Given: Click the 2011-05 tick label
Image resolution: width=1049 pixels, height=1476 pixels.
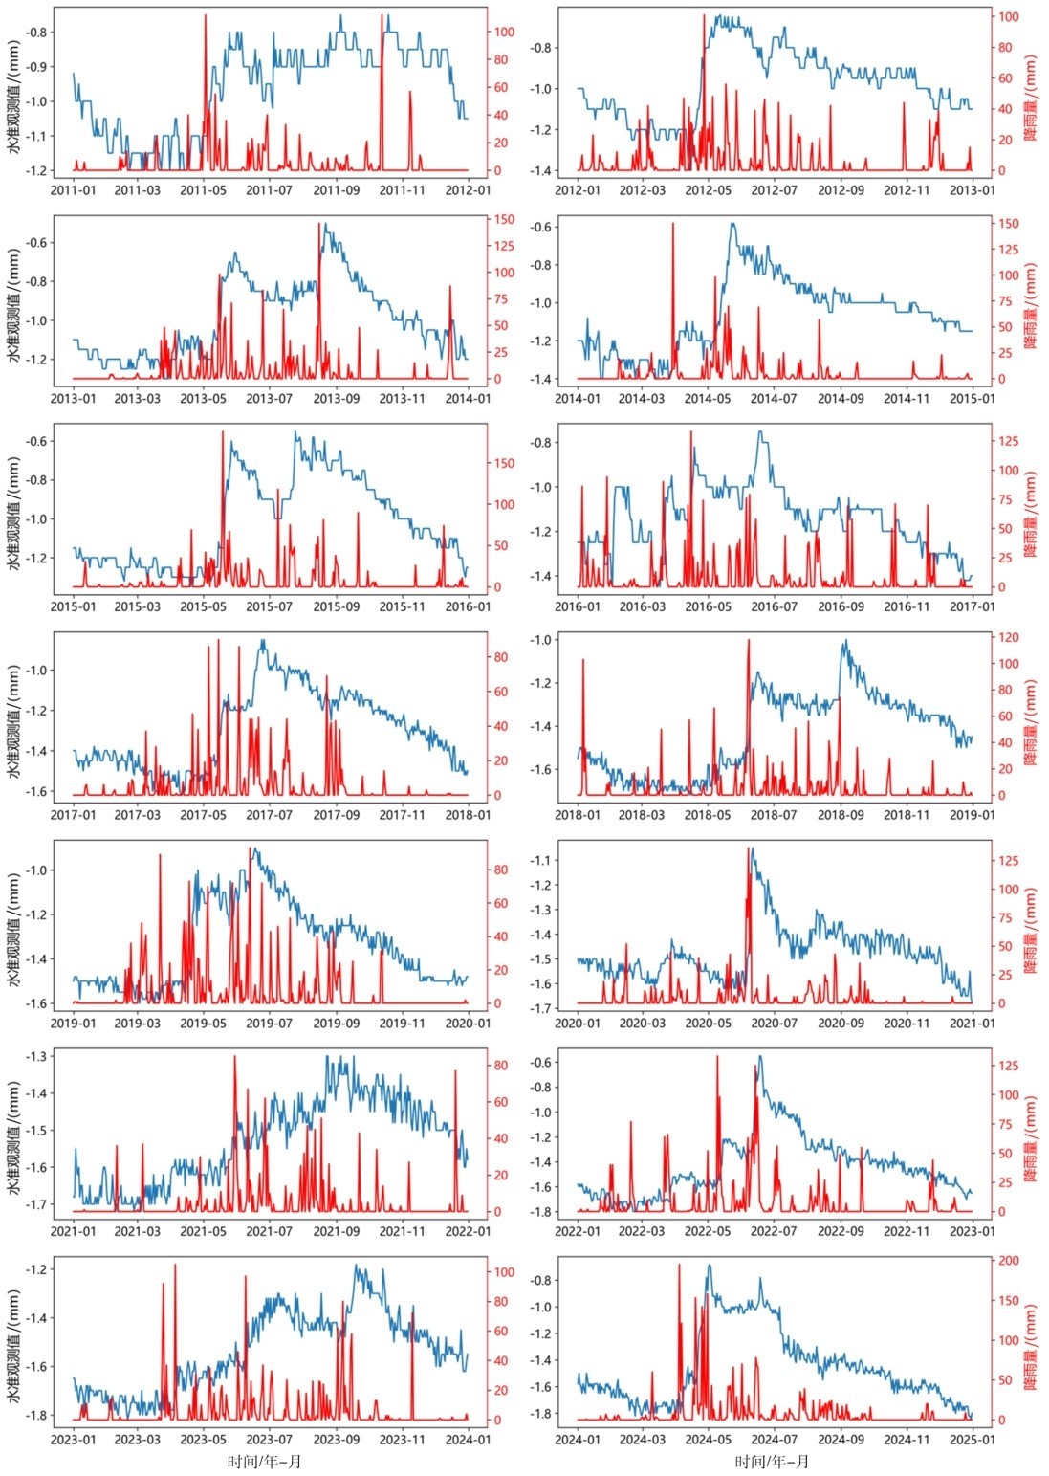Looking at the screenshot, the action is pos(203,190).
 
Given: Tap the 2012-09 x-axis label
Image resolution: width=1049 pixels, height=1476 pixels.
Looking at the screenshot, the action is pos(841,190).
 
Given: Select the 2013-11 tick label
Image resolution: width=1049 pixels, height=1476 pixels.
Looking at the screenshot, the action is pos(402,399).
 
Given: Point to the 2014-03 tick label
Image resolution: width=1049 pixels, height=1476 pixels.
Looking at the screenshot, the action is pos(642,399).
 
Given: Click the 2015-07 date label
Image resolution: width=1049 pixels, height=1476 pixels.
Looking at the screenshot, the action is pos(269,606).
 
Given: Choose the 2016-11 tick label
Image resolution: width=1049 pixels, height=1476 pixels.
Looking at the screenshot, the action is pos(907,606).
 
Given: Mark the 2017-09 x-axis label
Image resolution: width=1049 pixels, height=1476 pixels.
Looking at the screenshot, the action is pos(336,815).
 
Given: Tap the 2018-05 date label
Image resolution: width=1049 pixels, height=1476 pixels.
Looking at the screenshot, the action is pos(708,815).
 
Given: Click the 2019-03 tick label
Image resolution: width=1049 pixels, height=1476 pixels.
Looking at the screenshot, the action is pos(137,1024).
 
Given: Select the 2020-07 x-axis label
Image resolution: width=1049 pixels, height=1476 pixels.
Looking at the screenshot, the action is pos(774,1024).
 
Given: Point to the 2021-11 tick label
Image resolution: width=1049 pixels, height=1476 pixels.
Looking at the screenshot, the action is pos(402,1231).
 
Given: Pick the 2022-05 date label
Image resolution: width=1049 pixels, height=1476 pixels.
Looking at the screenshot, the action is pos(708,1231).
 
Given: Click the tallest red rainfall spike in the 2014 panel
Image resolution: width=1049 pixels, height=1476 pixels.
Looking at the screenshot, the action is pos(673,224).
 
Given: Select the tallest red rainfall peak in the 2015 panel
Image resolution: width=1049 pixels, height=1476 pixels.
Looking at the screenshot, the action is pos(223,431).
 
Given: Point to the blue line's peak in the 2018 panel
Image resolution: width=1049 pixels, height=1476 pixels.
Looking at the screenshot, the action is pos(845,640).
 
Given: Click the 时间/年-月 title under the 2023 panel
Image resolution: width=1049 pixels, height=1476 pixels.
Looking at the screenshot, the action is pos(265,1463).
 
